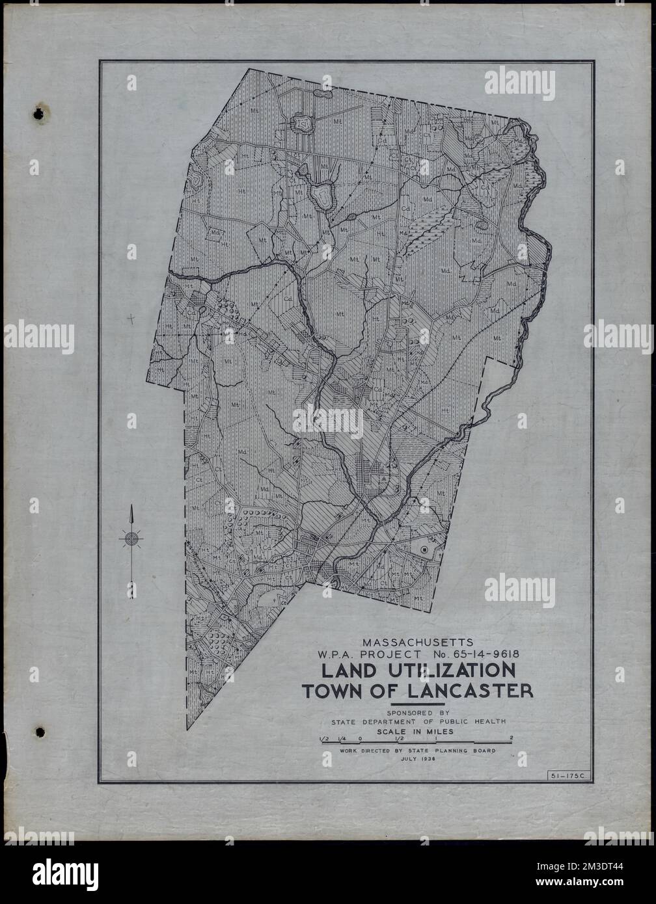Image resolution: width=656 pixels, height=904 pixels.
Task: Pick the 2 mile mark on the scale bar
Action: click(512, 738)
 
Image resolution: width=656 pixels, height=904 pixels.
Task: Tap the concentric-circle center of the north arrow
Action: click(131, 538)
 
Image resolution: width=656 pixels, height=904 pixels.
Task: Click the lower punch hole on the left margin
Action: click(40, 732)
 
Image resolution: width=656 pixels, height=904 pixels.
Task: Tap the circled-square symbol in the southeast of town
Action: click(424, 550)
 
